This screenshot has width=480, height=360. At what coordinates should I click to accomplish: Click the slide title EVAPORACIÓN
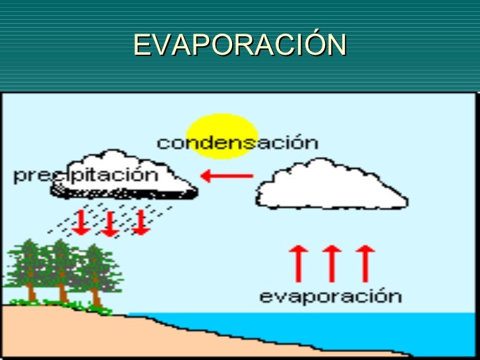point(239,45)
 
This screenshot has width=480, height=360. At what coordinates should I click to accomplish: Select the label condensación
point(237,142)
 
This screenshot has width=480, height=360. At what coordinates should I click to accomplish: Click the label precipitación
point(86,175)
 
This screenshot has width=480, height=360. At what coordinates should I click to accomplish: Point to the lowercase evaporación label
point(330,295)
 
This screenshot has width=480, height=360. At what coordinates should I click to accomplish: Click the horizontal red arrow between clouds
point(227,176)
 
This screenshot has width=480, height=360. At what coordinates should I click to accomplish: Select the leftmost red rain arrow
point(81,222)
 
